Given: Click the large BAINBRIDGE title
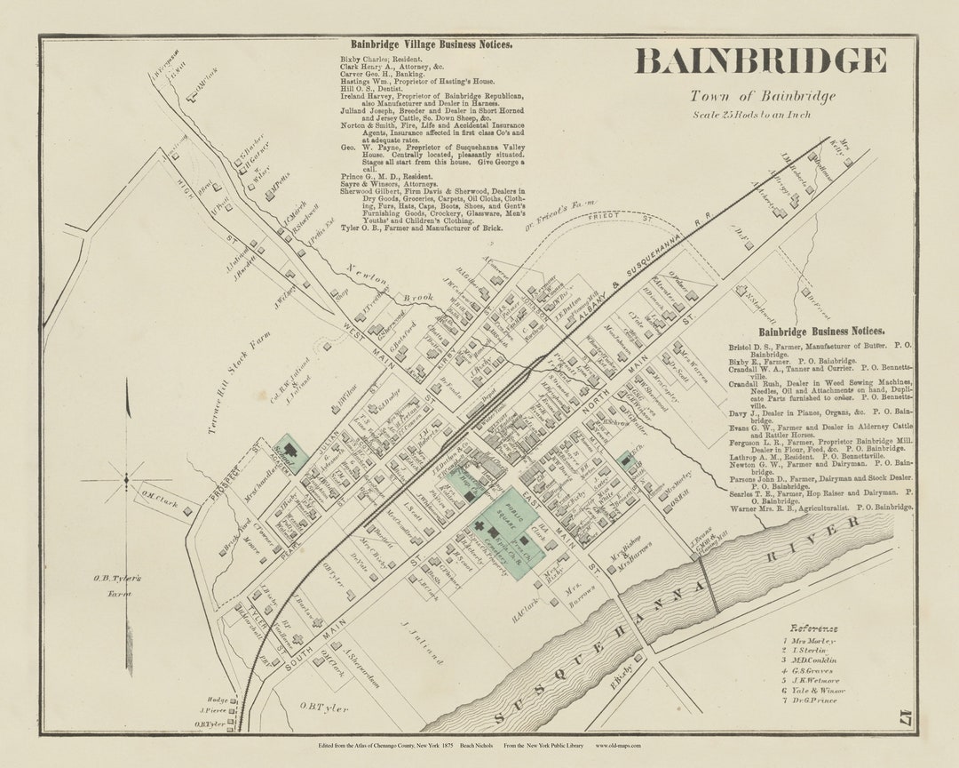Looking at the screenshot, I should click(761, 61).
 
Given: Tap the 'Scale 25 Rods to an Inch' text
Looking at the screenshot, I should click(751, 114).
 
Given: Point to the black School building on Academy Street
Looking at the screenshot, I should click(289, 452).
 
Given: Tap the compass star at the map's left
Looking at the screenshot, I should click(126, 481).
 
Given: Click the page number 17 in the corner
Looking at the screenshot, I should click(904, 708).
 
